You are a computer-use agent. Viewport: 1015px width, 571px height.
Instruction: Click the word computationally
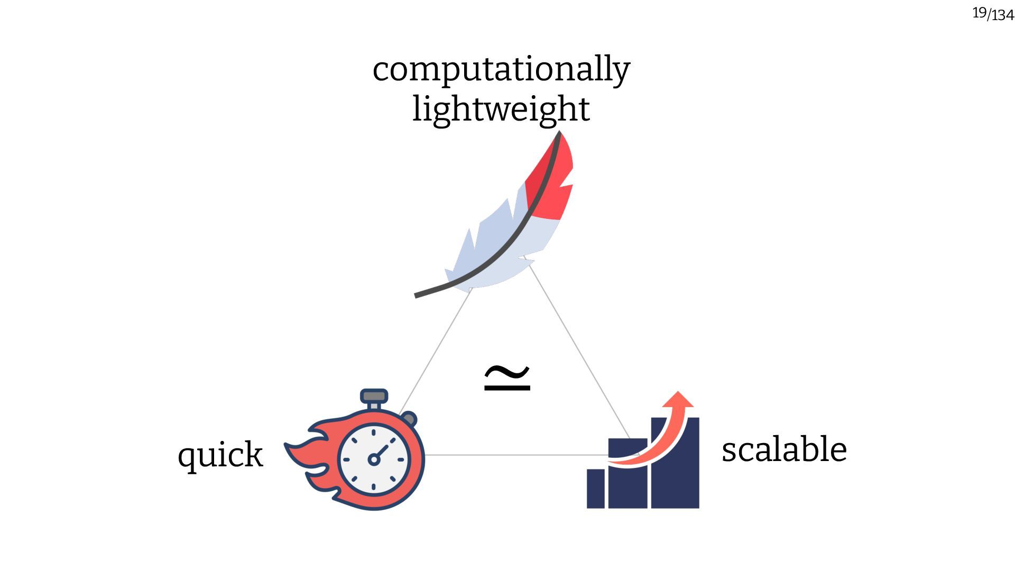pos(501,69)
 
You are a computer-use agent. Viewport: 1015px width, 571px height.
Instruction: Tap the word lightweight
pos(501,109)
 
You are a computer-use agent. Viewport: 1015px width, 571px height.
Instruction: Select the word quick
pos(220,454)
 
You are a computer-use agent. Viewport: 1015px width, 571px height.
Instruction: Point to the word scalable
pos(784,449)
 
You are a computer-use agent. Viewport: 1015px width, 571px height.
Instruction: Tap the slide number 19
pos(979,13)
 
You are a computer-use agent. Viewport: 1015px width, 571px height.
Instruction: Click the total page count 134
pos(1003,15)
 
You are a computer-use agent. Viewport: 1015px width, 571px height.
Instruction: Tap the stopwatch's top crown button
pos(374,396)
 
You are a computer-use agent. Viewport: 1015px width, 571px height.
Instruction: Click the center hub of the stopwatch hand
pos(374,459)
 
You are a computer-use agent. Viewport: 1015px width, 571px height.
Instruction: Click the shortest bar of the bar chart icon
pos(595,489)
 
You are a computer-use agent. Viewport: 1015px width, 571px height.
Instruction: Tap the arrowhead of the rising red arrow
pos(679,400)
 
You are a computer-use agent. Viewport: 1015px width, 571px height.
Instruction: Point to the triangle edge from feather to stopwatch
pos(436,352)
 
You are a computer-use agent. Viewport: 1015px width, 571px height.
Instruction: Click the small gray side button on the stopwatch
pos(409,420)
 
